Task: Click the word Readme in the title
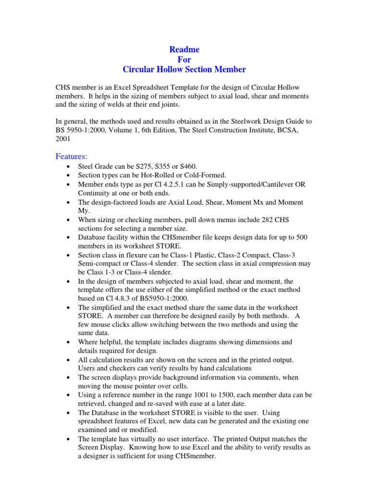pos(184,49)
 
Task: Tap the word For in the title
pos(184,60)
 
